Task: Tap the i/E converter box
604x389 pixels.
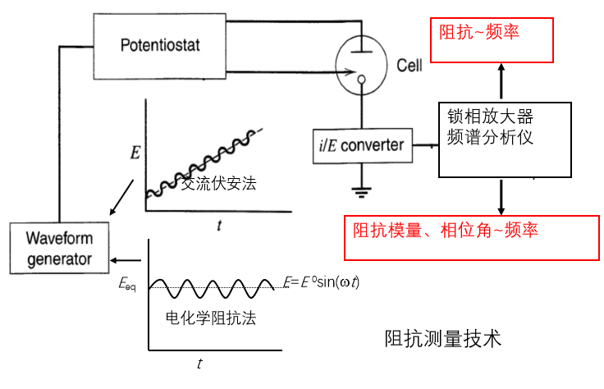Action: (x=360, y=145)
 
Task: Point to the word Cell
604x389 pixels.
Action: (x=409, y=65)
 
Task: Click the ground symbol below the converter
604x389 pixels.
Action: (x=360, y=192)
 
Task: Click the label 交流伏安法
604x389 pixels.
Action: (x=219, y=184)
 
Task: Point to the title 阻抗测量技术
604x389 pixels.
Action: (x=442, y=338)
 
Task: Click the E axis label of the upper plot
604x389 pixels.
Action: (x=135, y=151)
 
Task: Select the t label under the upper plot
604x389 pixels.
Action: (x=218, y=224)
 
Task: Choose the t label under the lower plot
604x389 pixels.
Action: (x=199, y=362)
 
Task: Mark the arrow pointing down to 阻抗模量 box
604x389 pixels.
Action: (x=501, y=197)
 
